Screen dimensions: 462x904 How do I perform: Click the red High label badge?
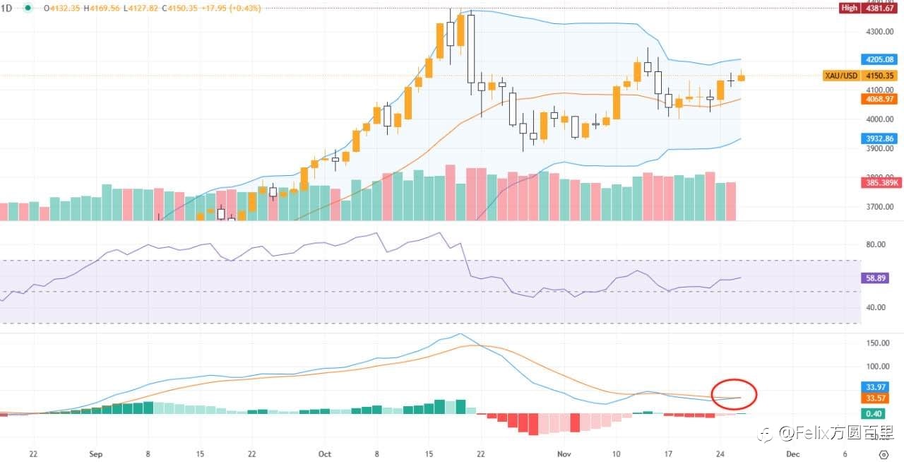[849, 8]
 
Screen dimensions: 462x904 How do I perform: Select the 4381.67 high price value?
[880, 8]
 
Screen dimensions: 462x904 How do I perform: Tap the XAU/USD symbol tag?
[840, 76]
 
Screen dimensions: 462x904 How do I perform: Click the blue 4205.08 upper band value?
[880, 59]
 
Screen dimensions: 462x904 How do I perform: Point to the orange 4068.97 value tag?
[880, 100]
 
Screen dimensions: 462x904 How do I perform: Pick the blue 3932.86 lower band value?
[880, 138]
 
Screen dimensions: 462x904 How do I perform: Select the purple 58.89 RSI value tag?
[880, 278]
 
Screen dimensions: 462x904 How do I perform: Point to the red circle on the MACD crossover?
[734, 394]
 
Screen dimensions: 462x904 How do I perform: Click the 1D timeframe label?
[8, 8]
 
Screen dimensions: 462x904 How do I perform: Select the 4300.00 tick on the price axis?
[879, 32]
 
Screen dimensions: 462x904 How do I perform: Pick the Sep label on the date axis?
[97, 454]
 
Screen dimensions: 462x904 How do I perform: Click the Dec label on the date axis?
[793, 454]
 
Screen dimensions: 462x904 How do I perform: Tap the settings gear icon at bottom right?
[884, 454]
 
